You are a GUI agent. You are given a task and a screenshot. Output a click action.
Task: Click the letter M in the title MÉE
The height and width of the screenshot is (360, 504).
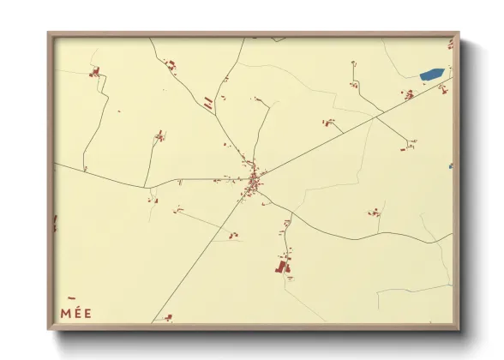click(x=66, y=313)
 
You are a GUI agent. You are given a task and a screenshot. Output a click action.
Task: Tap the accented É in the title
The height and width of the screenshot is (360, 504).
click(x=78, y=313)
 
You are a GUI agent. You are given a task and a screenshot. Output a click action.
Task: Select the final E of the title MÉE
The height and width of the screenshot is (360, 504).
click(x=87, y=313)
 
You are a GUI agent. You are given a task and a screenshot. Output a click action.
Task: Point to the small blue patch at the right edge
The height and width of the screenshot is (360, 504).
click(x=450, y=166)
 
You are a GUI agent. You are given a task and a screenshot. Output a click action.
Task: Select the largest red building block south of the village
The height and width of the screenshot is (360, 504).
click(x=280, y=267)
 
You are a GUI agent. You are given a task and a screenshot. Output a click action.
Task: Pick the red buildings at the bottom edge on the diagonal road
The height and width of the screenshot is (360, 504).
click(x=168, y=317)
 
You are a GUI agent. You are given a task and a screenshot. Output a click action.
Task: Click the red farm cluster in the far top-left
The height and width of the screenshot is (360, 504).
click(x=95, y=71)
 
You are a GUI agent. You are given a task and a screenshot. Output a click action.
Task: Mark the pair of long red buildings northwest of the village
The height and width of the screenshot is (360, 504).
click(x=208, y=104)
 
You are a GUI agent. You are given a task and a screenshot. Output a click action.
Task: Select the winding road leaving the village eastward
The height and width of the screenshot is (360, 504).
click(x=343, y=235)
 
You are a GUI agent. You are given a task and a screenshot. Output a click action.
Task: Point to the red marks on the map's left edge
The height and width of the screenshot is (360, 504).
click(x=56, y=223)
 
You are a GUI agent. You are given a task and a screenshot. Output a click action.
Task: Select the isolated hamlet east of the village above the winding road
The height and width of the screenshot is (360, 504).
click(x=375, y=212)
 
